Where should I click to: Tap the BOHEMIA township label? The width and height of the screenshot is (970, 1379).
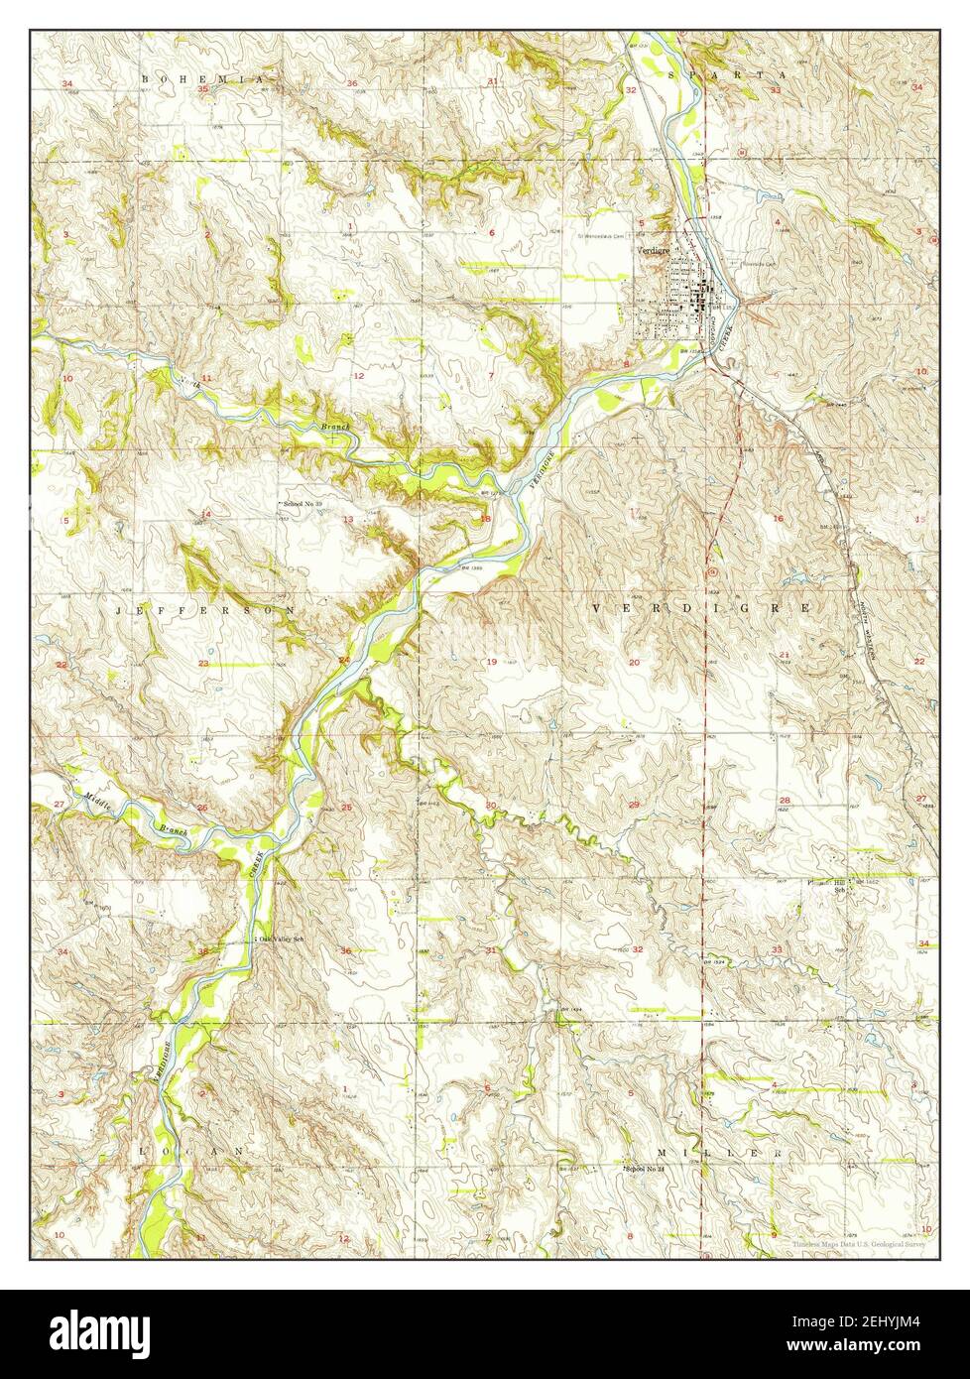[x=204, y=77]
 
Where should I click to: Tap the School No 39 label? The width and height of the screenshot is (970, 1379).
[x=303, y=505]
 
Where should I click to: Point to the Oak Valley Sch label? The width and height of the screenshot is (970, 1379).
[x=280, y=938]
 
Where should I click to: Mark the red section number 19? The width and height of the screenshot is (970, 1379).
[x=491, y=662]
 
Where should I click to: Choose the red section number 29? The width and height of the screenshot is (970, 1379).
[x=634, y=804]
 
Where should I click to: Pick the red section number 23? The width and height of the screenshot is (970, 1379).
[x=202, y=663]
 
